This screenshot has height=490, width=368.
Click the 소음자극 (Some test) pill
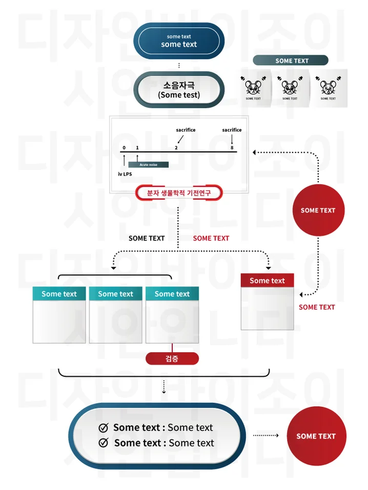(x=179, y=90)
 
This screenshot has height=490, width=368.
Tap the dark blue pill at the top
(x=179, y=41)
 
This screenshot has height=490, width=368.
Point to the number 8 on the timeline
(x=232, y=147)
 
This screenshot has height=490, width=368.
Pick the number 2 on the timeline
(x=176, y=147)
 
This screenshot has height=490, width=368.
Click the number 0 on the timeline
(x=124, y=147)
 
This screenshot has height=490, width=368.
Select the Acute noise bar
(x=148, y=165)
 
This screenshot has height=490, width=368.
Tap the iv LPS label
(x=125, y=174)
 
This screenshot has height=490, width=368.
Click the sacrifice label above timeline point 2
(x=186, y=130)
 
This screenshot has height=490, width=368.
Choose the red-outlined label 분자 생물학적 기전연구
(x=178, y=193)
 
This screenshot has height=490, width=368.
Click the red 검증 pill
(x=172, y=359)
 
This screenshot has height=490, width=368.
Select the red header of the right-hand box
(x=267, y=281)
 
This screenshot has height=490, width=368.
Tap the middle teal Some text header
(x=115, y=294)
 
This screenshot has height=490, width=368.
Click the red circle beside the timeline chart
(x=318, y=210)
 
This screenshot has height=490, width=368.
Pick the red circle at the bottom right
(x=316, y=436)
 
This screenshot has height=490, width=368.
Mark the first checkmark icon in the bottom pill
(x=104, y=428)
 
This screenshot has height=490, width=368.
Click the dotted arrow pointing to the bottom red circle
(x=266, y=436)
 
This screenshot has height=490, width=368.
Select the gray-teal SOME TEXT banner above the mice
(x=291, y=60)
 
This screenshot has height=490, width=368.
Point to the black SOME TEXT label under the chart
(x=147, y=238)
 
